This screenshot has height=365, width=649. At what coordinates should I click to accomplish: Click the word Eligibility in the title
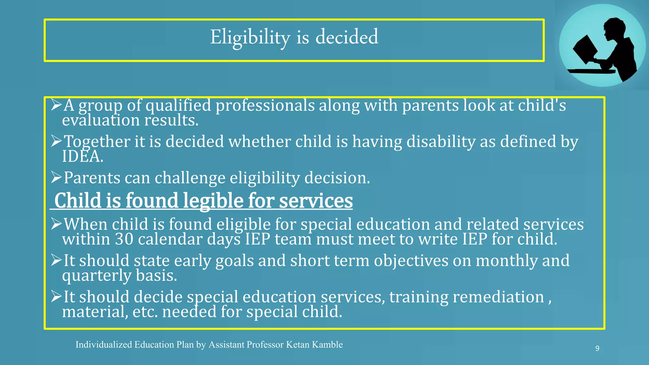(x=250, y=37)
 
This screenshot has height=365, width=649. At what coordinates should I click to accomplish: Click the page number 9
(x=597, y=349)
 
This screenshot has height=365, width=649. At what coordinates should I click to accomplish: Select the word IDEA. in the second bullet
(x=82, y=157)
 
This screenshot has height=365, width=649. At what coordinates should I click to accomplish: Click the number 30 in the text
(x=124, y=239)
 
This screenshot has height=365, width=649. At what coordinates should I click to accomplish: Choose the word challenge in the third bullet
(x=190, y=178)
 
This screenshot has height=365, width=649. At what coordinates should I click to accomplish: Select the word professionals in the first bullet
(x=265, y=106)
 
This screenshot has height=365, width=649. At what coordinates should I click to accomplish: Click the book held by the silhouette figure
(x=585, y=50)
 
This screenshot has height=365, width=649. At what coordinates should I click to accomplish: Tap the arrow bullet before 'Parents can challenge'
(x=56, y=177)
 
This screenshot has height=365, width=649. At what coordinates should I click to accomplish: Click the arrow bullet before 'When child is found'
(x=56, y=224)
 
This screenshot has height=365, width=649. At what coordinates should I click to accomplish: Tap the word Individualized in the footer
(x=104, y=345)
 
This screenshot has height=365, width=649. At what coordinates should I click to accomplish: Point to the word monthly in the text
(x=506, y=261)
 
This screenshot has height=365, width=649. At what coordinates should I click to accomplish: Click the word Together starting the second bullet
(x=97, y=142)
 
